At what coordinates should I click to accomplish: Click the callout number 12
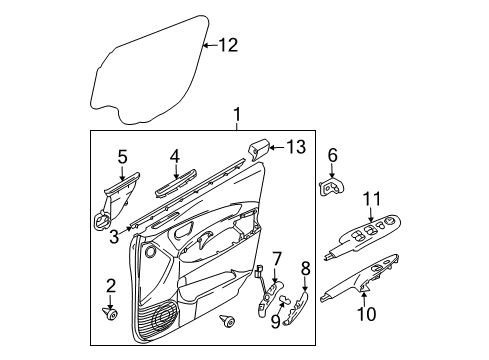pyautogui.click(x=229, y=44)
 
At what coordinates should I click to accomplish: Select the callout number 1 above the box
pyautogui.click(x=237, y=117)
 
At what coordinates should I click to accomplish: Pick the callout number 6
pyautogui.click(x=332, y=155)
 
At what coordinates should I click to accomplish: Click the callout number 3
pyautogui.click(x=114, y=236)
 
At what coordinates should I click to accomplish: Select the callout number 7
pyautogui.click(x=279, y=260)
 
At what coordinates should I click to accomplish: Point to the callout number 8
pyautogui.click(x=307, y=267)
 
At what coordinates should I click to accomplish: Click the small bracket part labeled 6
pyautogui.click(x=332, y=188)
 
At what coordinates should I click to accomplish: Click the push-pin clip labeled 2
pyautogui.click(x=111, y=314)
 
